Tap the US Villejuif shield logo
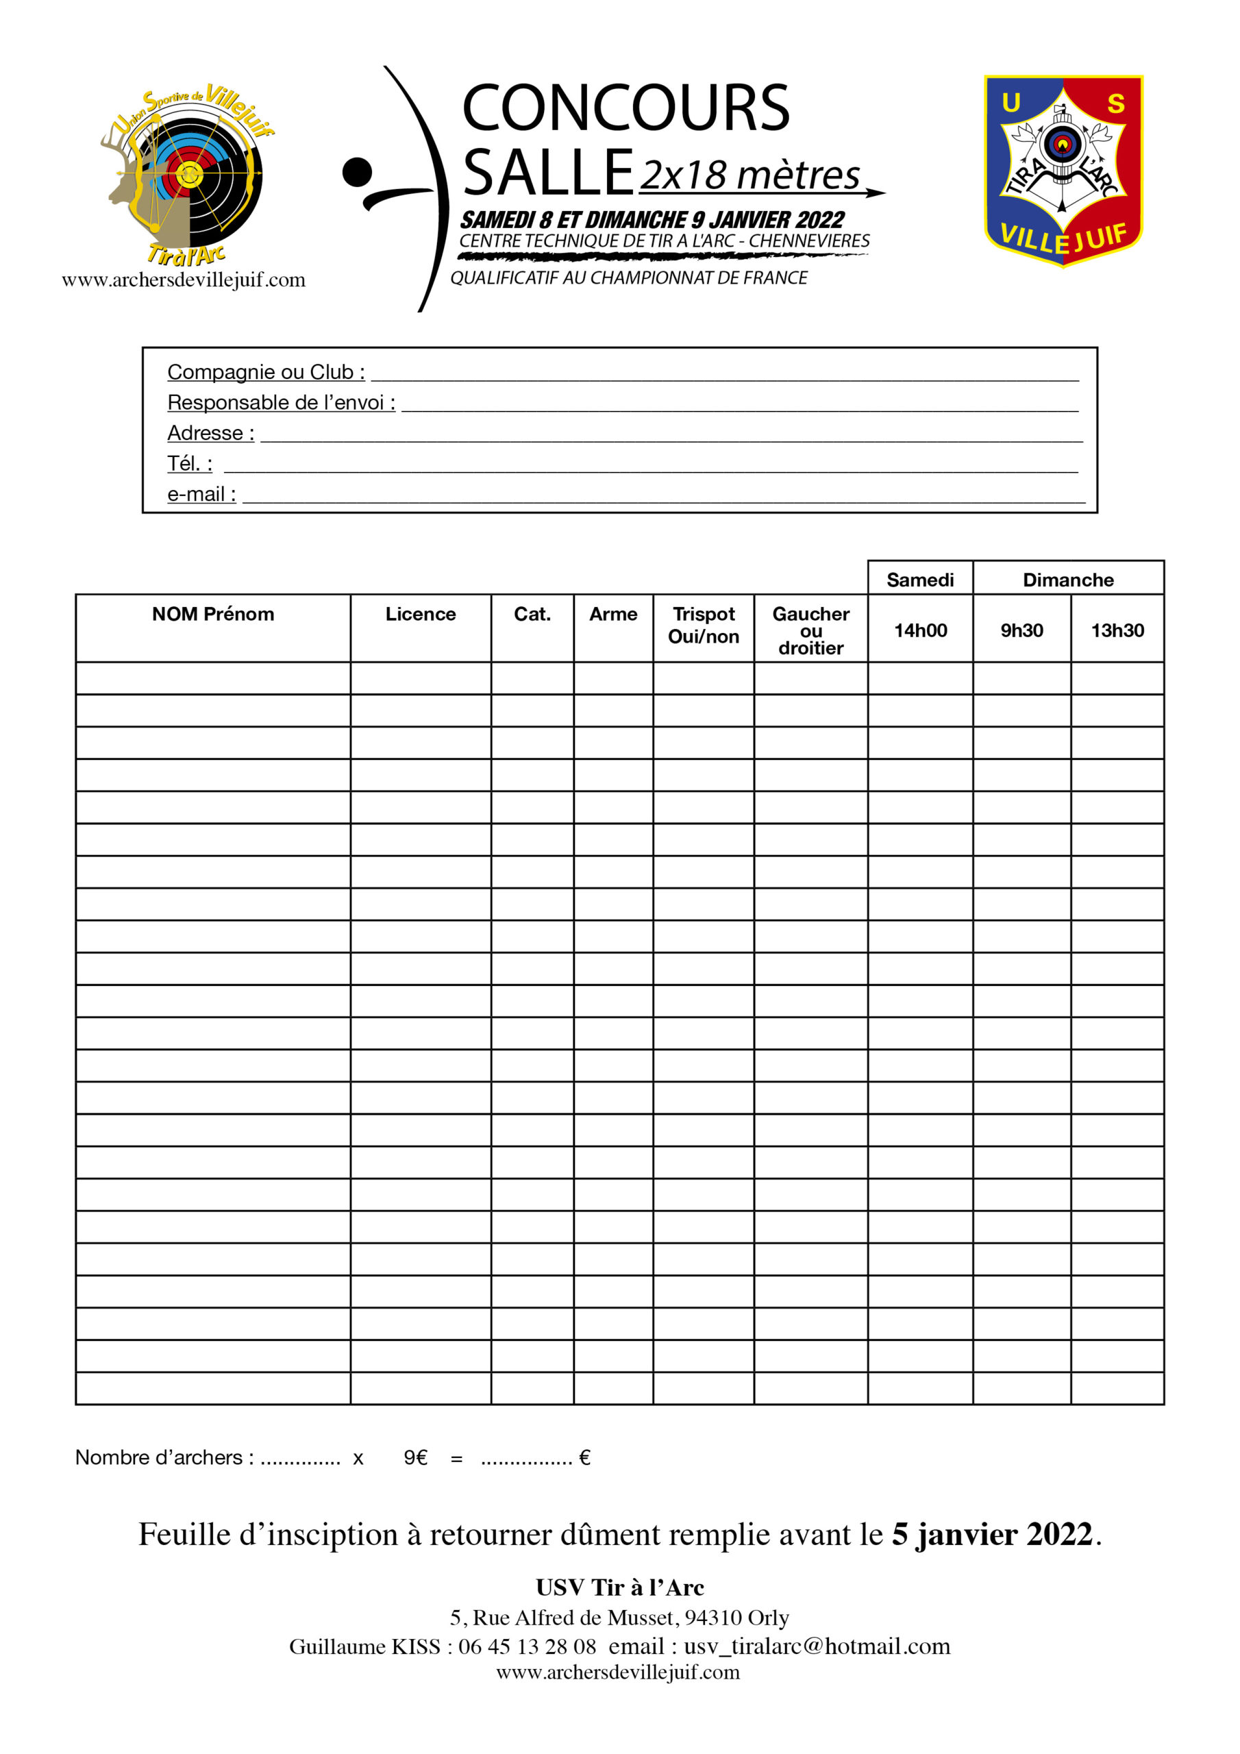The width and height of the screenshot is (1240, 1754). coord(1063,171)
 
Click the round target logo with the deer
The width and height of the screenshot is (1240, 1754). coord(187,174)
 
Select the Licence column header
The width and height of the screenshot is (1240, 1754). coord(420,614)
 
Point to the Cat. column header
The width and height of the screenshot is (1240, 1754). coord(532,614)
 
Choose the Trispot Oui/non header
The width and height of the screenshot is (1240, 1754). coord(703,625)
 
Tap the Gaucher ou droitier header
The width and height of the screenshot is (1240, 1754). coord(810,630)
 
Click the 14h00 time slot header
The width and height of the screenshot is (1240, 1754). coord(920,630)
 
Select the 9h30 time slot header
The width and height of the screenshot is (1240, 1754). coord(1021,630)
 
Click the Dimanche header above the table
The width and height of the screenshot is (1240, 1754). coord(1067,580)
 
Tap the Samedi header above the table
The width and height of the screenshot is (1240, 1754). coord(920,580)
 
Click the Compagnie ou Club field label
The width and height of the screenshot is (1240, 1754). coord(266,372)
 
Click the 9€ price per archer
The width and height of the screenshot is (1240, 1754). coord(415,1457)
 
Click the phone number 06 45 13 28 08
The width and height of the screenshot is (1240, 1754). coord(528,1646)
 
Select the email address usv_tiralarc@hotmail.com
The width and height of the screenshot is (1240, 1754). coord(817,1646)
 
